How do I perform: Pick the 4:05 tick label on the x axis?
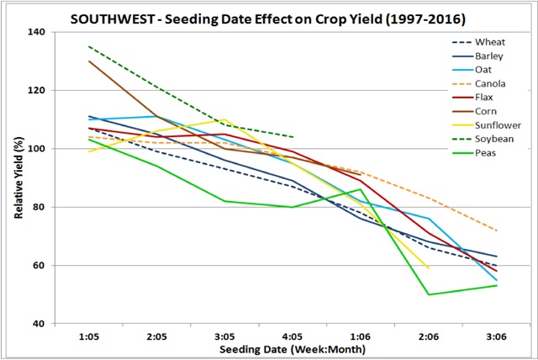click(x=292, y=334)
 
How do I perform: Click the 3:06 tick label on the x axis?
click(x=496, y=334)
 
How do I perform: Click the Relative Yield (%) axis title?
click(x=18, y=177)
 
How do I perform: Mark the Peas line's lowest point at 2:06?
click(x=429, y=294)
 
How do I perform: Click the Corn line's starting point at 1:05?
click(x=88, y=61)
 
